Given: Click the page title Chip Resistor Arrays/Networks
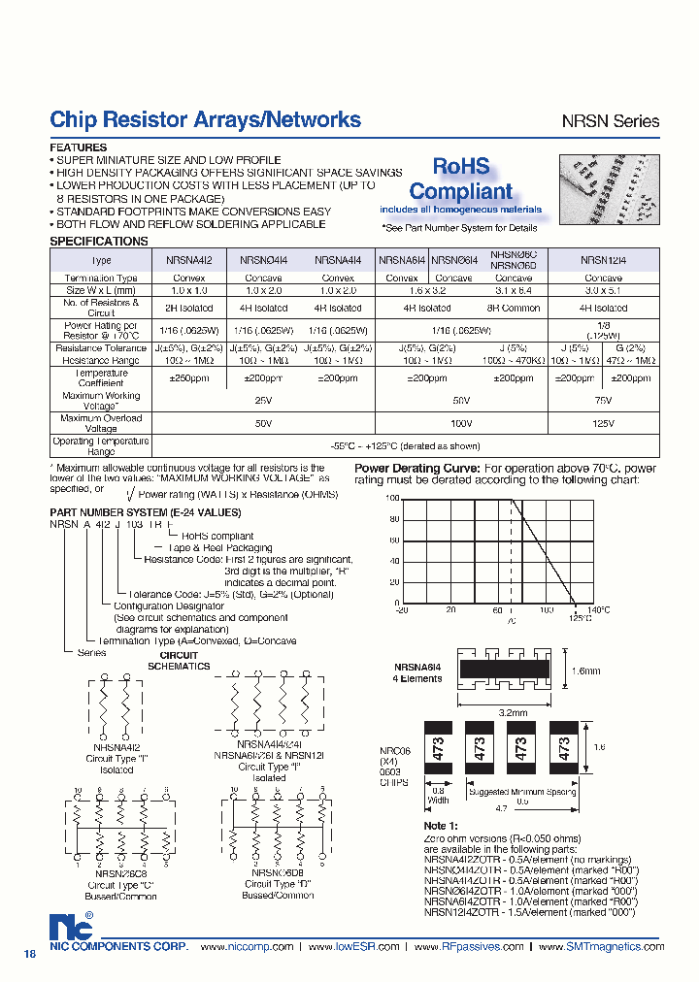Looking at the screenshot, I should pos(205,119).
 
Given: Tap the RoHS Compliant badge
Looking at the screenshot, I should pos(460,180).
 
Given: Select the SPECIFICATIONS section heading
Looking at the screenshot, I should pos(99,241).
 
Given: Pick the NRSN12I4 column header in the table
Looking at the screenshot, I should pos(604,260).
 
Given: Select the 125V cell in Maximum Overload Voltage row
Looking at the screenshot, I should pos(603,423).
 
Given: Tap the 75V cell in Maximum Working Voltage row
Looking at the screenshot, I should pos(603,400).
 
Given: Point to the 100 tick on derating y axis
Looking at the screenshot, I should pos(393,498).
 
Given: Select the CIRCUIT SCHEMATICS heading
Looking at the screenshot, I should pos(179,661).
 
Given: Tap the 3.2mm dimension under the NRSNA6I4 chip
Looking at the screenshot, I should pos(515,712).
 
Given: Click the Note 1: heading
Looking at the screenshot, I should pos(442,825).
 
